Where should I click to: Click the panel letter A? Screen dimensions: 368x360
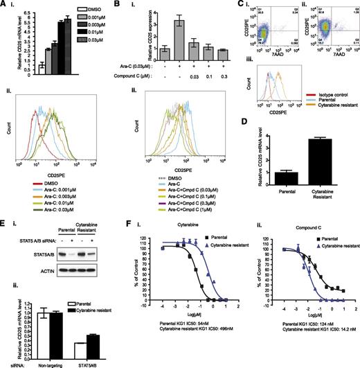coord(3,5)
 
